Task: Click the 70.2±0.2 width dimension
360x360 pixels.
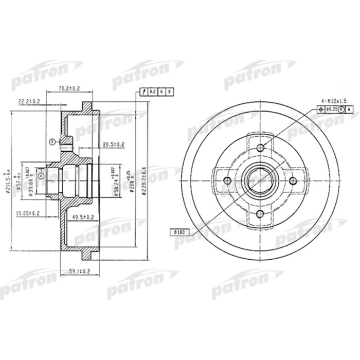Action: click(x=69, y=88)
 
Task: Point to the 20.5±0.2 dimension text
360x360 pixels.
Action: click(x=114, y=144)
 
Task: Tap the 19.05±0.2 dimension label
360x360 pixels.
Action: click(x=27, y=212)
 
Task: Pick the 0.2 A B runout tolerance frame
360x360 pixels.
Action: click(x=157, y=92)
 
